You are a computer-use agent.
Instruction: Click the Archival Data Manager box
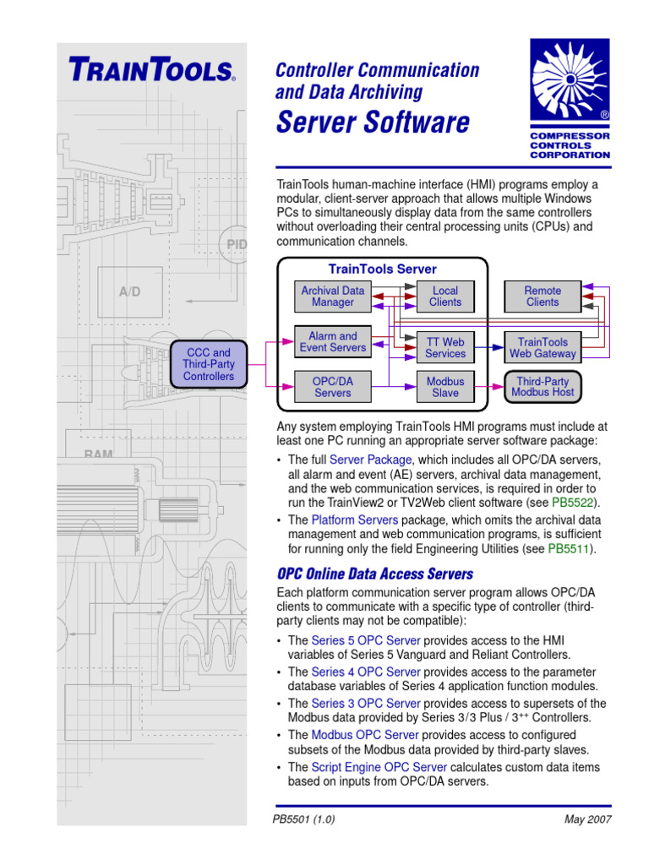click(333, 296)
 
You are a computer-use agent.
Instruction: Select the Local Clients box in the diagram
click(445, 296)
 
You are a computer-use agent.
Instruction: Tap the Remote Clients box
click(543, 296)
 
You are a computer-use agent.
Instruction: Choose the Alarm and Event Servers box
click(333, 341)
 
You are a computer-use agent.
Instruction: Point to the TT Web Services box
click(445, 348)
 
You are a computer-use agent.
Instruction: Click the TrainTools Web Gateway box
click(543, 348)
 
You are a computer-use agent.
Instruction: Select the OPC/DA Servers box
click(333, 387)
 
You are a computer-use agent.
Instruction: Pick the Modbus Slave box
click(445, 387)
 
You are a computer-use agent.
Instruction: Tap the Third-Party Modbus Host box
click(543, 387)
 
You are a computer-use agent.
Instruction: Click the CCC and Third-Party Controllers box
click(209, 364)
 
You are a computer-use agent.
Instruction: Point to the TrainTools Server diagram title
click(383, 269)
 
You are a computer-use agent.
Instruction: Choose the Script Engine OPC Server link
click(365, 767)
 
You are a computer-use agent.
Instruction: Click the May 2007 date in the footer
click(587, 819)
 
